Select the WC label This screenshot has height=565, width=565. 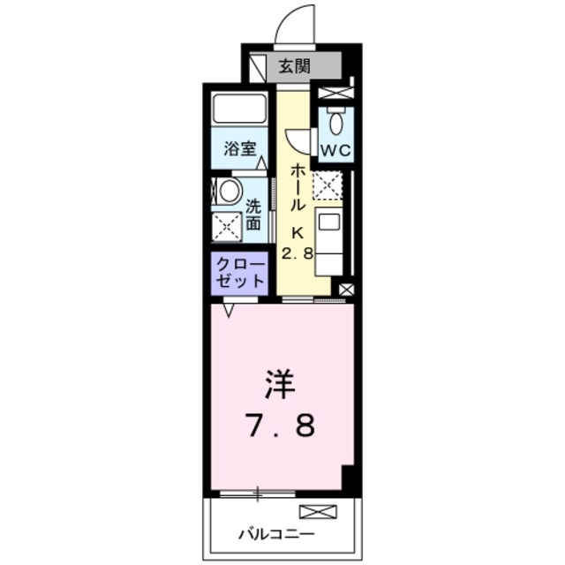[x=335, y=149]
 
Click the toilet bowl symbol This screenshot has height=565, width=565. [x=336, y=122]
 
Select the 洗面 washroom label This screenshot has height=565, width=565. [x=253, y=215]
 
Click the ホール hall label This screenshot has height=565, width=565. [x=298, y=185]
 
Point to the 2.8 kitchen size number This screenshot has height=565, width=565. [x=298, y=253]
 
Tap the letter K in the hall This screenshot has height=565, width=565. [x=298, y=233]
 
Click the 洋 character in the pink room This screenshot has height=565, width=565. [x=280, y=385]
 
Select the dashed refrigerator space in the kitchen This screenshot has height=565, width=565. [x=329, y=186]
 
